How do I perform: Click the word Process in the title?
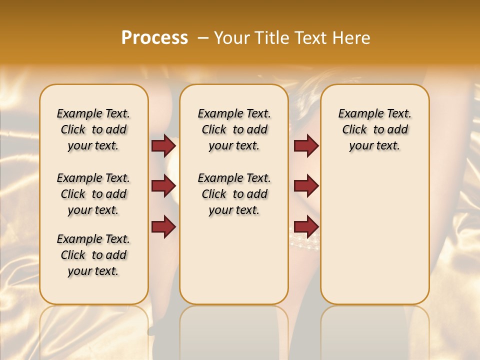pyautogui.click(x=154, y=38)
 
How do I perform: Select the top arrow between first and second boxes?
pyautogui.click(x=163, y=145)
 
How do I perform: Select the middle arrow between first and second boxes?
pyautogui.click(x=163, y=186)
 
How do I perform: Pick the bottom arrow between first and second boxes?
pyautogui.click(x=163, y=226)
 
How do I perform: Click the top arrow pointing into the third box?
pyautogui.click(x=306, y=145)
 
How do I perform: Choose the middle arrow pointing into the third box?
pyautogui.click(x=306, y=186)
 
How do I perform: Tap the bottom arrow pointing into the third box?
pyautogui.click(x=306, y=226)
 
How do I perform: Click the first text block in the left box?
pyautogui.click(x=93, y=129)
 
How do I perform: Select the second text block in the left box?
pyautogui.click(x=93, y=194)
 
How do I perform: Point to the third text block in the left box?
pyautogui.click(x=93, y=255)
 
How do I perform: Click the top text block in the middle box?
pyautogui.click(x=234, y=129)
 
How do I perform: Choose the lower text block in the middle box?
pyautogui.click(x=234, y=194)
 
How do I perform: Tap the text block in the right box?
pyautogui.click(x=375, y=129)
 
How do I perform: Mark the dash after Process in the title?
pyautogui.click(x=202, y=38)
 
